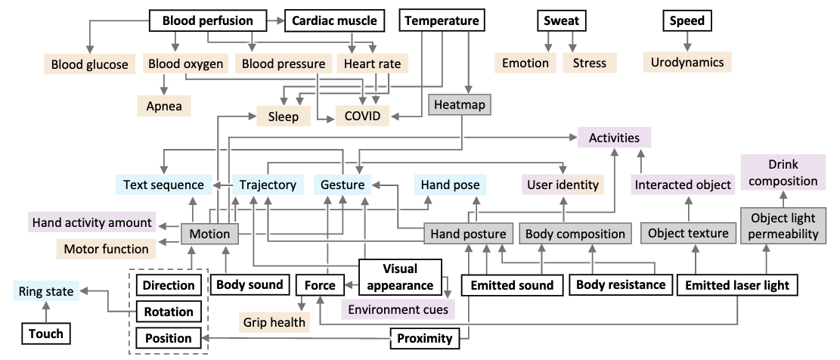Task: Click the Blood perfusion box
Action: [207, 20]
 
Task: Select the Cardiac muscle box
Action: [334, 20]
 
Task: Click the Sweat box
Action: [560, 20]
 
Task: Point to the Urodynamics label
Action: [687, 62]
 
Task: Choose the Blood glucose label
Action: [90, 64]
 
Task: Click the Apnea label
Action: [164, 106]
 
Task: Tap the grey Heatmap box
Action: [460, 104]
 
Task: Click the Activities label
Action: [614, 138]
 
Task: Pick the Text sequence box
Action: [163, 185]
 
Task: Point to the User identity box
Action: [563, 184]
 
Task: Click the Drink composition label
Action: [783, 172]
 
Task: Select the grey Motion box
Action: [209, 234]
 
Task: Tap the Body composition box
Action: [575, 234]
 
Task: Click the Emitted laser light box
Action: [736, 285]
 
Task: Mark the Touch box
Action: [47, 333]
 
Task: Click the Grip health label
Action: [274, 322]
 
